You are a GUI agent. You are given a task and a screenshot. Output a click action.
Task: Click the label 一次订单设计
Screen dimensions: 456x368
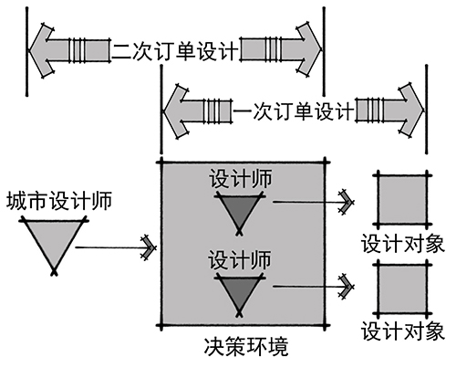(x=293, y=110)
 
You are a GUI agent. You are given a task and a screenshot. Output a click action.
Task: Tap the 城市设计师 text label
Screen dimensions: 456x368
(x=59, y=200)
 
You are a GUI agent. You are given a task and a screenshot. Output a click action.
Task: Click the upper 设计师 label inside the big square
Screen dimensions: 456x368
(x=240, y=178)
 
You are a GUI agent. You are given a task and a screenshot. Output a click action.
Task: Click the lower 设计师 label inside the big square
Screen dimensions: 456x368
(x=240, y=259)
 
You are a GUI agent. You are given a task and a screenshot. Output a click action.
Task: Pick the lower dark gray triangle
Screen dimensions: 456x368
(x=239, y=293)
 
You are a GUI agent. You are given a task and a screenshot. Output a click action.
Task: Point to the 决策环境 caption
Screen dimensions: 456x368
(x=246, y=347)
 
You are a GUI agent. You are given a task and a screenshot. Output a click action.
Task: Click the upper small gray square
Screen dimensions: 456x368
(x=402, y=200)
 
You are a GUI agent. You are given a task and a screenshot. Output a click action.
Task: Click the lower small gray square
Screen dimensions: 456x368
(x=402, y=289)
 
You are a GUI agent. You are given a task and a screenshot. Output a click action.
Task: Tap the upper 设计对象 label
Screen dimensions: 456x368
(x=403, y=244)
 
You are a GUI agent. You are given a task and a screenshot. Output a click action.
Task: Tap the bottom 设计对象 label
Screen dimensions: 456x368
(x=403, y=331)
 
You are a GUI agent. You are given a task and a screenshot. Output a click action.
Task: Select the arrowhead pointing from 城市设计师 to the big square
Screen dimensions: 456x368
(x=150, y=247)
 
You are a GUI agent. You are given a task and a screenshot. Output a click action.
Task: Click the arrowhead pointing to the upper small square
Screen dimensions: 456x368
(x=347, y=202)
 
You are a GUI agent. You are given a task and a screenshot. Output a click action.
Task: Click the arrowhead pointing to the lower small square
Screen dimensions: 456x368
(x=347, y=287)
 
